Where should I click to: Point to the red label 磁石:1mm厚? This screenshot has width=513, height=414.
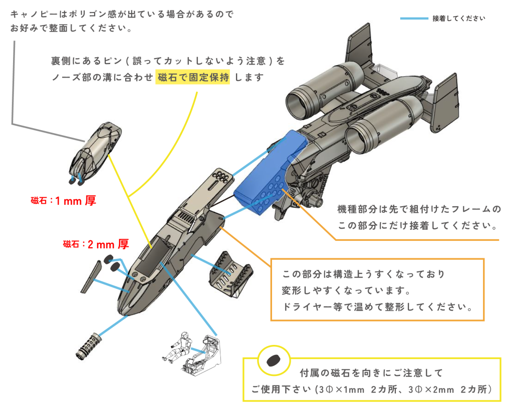[x=63, y=201]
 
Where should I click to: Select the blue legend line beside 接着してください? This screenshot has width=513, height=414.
[x=413, y=19]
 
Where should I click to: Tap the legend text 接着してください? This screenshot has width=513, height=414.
[x=458, y=19]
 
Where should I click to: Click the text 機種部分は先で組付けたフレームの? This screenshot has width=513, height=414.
[x=419, y=209]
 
